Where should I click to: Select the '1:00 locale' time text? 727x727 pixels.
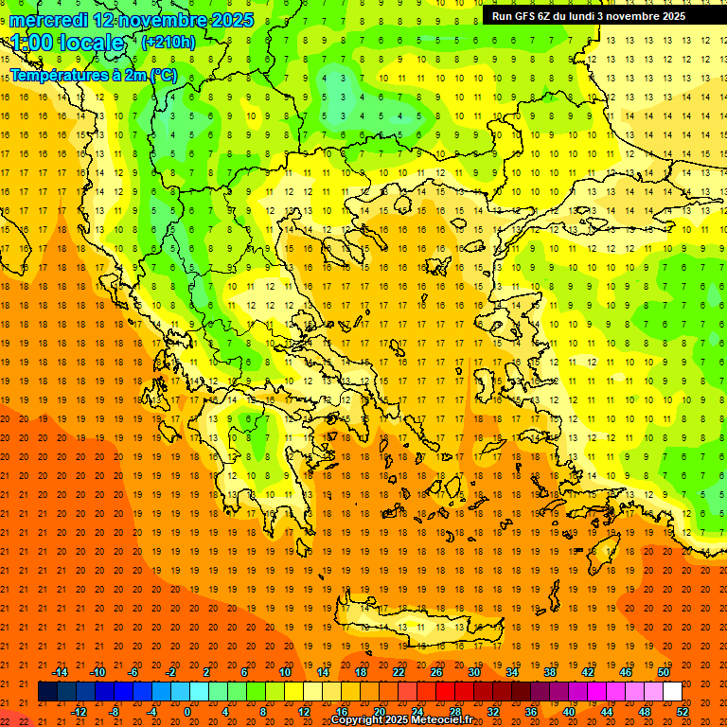(67, 43)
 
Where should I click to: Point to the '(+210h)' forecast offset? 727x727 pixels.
(168, 43)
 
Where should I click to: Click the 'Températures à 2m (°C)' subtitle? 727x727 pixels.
(93, 75)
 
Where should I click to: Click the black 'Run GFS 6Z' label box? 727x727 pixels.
(596, 15)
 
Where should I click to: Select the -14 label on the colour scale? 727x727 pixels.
(60, 672)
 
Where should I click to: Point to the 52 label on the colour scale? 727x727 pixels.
(683, 712)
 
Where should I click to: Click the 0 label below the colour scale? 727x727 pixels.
(187, 712)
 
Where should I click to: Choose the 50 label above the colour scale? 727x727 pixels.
(664, 672)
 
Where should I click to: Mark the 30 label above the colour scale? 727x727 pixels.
(473, 672)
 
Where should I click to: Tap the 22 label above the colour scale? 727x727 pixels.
(399, 672)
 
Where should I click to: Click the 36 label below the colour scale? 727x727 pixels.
(531, 712)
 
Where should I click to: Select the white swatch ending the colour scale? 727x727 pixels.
(673, 692)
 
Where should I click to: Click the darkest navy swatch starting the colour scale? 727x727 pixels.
(47, 692)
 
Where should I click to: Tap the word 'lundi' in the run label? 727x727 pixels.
(579, 15)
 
